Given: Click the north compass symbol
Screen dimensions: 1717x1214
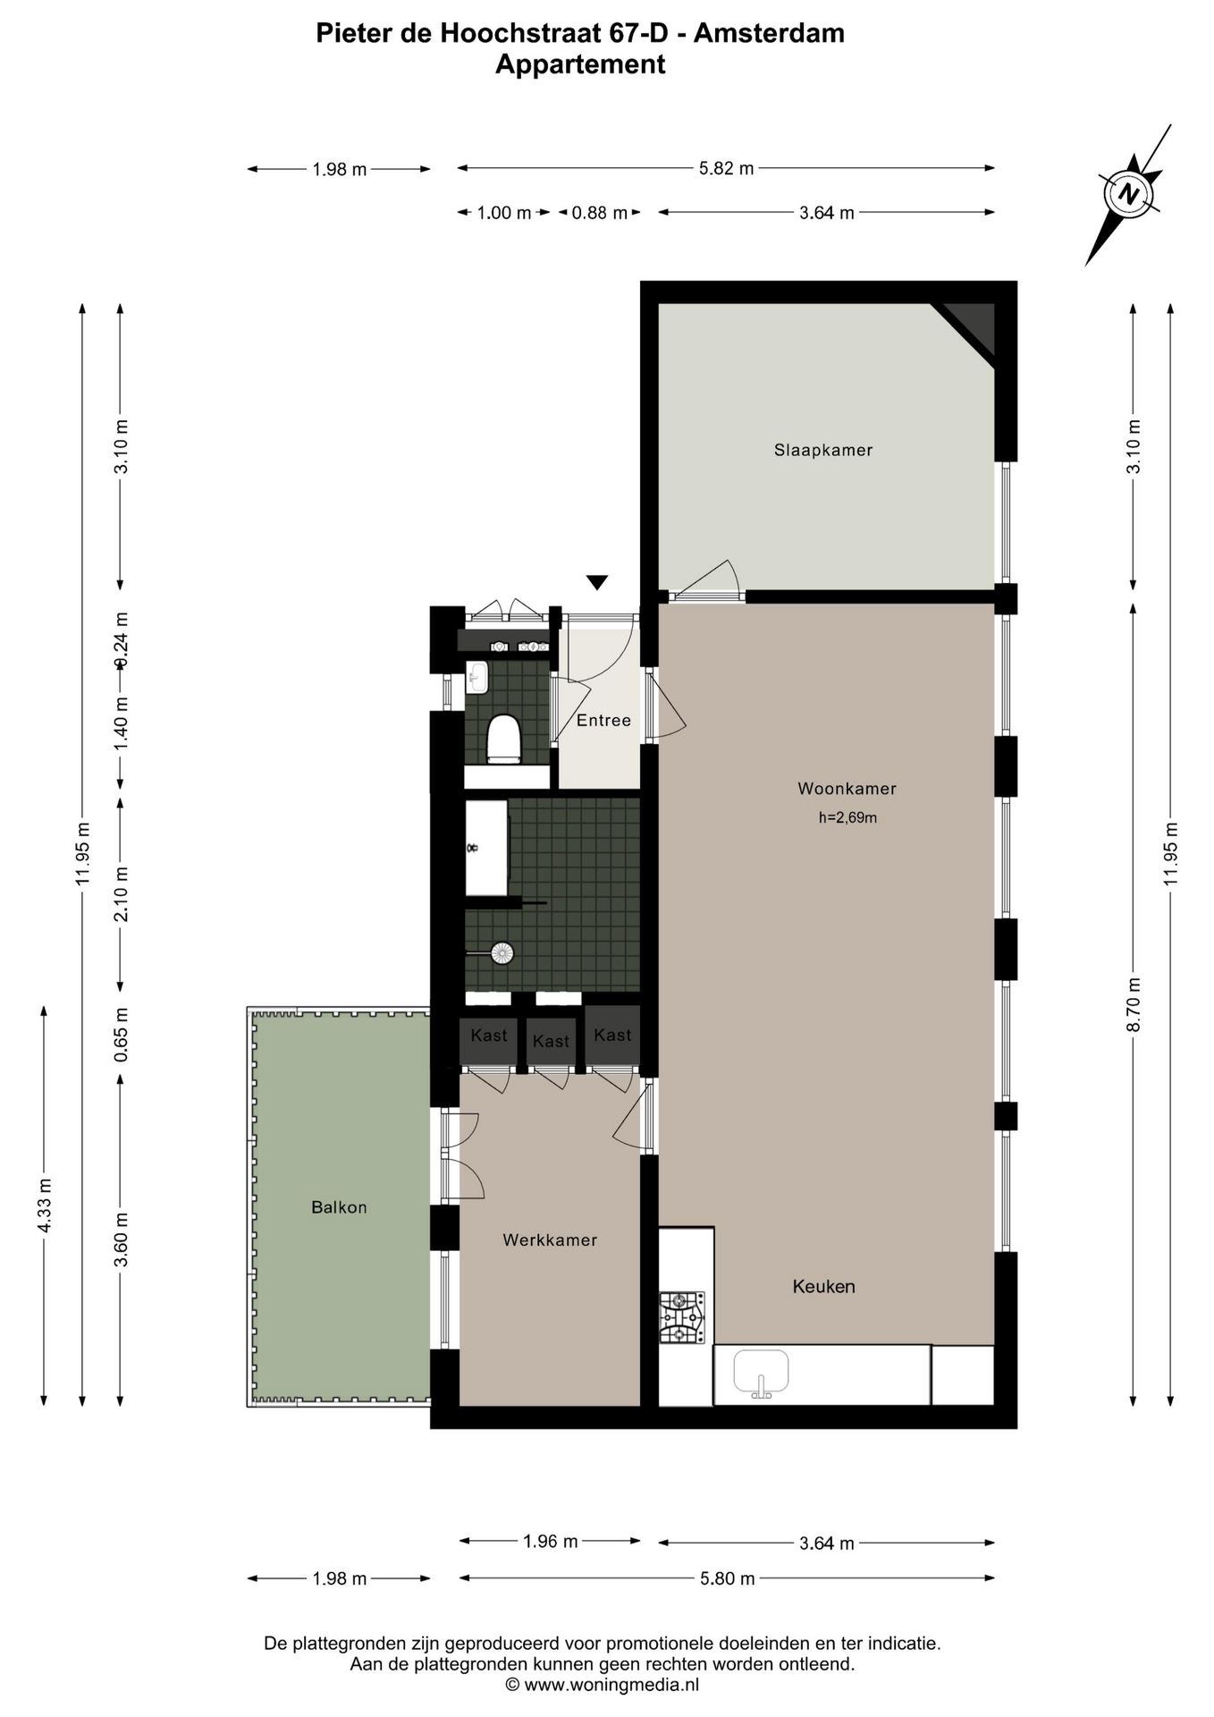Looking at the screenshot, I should (x=1129, y=193).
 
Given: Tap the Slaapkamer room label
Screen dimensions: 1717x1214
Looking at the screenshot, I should (x=822, y=450).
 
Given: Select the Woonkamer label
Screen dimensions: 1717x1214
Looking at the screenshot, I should (x=846, y=788).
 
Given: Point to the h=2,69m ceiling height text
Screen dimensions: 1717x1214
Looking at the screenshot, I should (x=847, y=816).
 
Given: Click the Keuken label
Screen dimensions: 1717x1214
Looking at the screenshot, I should (x=823, y=1286).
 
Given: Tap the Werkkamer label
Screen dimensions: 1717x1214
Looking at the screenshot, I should (x=549, y=1239).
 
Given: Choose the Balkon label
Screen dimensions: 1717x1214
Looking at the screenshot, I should (x=339, y=1206).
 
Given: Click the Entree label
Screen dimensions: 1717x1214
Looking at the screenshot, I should (x=603, y=720).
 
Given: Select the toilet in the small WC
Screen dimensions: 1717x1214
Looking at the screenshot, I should (x=503, y=739).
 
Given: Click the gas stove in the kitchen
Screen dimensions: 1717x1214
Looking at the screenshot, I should (x=681, y=1317).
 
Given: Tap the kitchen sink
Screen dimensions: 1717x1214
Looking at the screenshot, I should (x=761, y=1373).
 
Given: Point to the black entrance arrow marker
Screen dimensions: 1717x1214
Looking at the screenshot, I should (x=597, y=582).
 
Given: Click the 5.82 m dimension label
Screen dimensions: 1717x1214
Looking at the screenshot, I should (x=726, y=168).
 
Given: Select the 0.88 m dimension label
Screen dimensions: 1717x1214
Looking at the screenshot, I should (x=599, y=213).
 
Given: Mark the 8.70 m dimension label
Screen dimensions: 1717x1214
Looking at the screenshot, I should (x=1134, y=1004).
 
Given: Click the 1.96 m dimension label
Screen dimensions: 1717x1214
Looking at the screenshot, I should (x=550, y=1541).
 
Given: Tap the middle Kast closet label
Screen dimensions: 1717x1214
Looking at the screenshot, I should (x=550, y=1041).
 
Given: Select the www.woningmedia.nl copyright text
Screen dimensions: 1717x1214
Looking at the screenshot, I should (x=602, y=1685).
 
